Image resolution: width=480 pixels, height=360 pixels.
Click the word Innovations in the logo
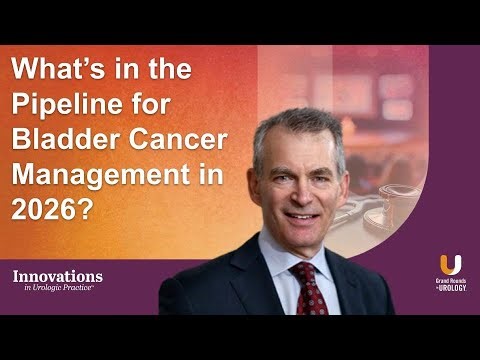point(57,275)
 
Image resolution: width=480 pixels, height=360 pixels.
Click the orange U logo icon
point(450,265)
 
